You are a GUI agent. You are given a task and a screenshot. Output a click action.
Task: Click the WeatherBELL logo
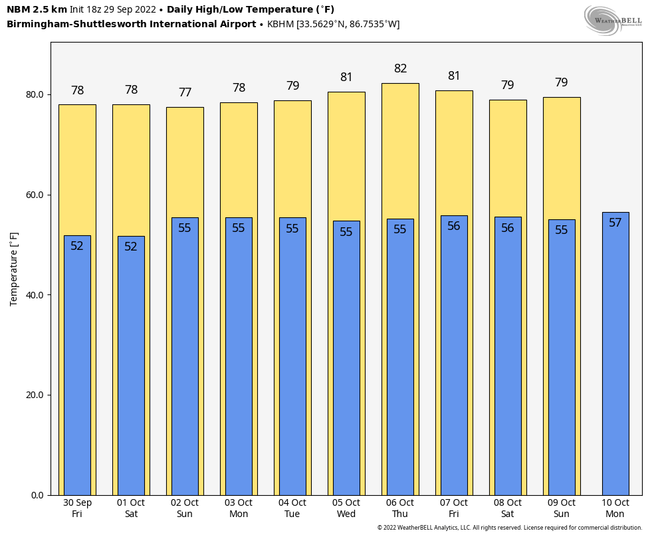tap(613, 20)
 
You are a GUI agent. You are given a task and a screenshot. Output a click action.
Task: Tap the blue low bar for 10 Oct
tap(615, 359)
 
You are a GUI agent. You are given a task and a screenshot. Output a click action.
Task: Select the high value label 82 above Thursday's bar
tap(400, 68)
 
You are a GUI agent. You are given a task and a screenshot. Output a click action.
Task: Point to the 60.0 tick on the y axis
tap(35, 195)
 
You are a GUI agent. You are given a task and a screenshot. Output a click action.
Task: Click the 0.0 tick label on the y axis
tap(37, 495)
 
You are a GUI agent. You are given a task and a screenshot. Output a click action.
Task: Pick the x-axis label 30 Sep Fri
tap(77, 508)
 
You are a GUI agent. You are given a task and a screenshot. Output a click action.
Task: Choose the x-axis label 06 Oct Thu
tap(400, 508)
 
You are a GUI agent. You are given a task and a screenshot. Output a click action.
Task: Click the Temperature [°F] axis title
tap(14, 268)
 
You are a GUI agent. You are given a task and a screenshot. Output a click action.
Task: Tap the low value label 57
tap(615, 223)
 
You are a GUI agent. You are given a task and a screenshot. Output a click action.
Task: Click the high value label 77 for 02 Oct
tap(185, 93)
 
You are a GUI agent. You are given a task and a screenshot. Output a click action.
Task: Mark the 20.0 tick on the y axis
tap(35, 395)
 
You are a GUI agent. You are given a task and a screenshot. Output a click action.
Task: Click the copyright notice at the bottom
tap(510, 528)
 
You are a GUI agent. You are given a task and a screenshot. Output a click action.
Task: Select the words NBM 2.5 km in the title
tap(37, 9)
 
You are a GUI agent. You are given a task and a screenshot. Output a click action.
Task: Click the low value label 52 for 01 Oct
tap(131, 247)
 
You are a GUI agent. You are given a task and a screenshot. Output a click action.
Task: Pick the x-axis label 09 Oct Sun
tap(562, 508)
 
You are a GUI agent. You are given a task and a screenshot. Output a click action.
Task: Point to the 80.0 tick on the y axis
tap(35, 94)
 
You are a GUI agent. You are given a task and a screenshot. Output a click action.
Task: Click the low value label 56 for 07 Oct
tap(454, 226)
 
